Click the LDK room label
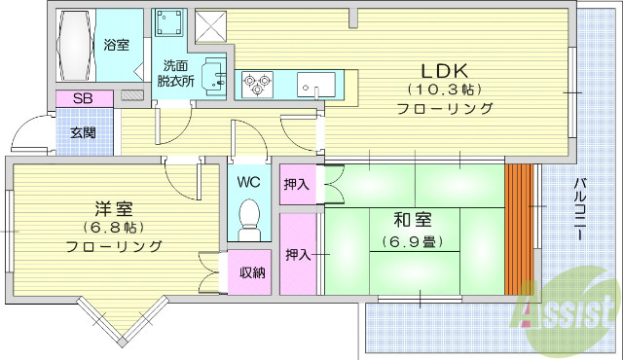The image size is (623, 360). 445,70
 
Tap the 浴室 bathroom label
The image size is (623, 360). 117,44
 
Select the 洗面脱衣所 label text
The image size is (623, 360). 176,74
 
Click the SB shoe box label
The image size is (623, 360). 84,98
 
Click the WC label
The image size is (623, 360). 248,181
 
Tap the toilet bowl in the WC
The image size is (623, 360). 250,216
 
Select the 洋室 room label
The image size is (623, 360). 114,209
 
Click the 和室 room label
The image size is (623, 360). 415,221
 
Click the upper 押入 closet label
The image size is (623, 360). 297,184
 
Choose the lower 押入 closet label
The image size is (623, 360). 297,255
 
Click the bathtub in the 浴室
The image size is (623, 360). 76,47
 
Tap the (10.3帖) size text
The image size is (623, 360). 445,90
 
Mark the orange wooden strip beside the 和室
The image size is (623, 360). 521,229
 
